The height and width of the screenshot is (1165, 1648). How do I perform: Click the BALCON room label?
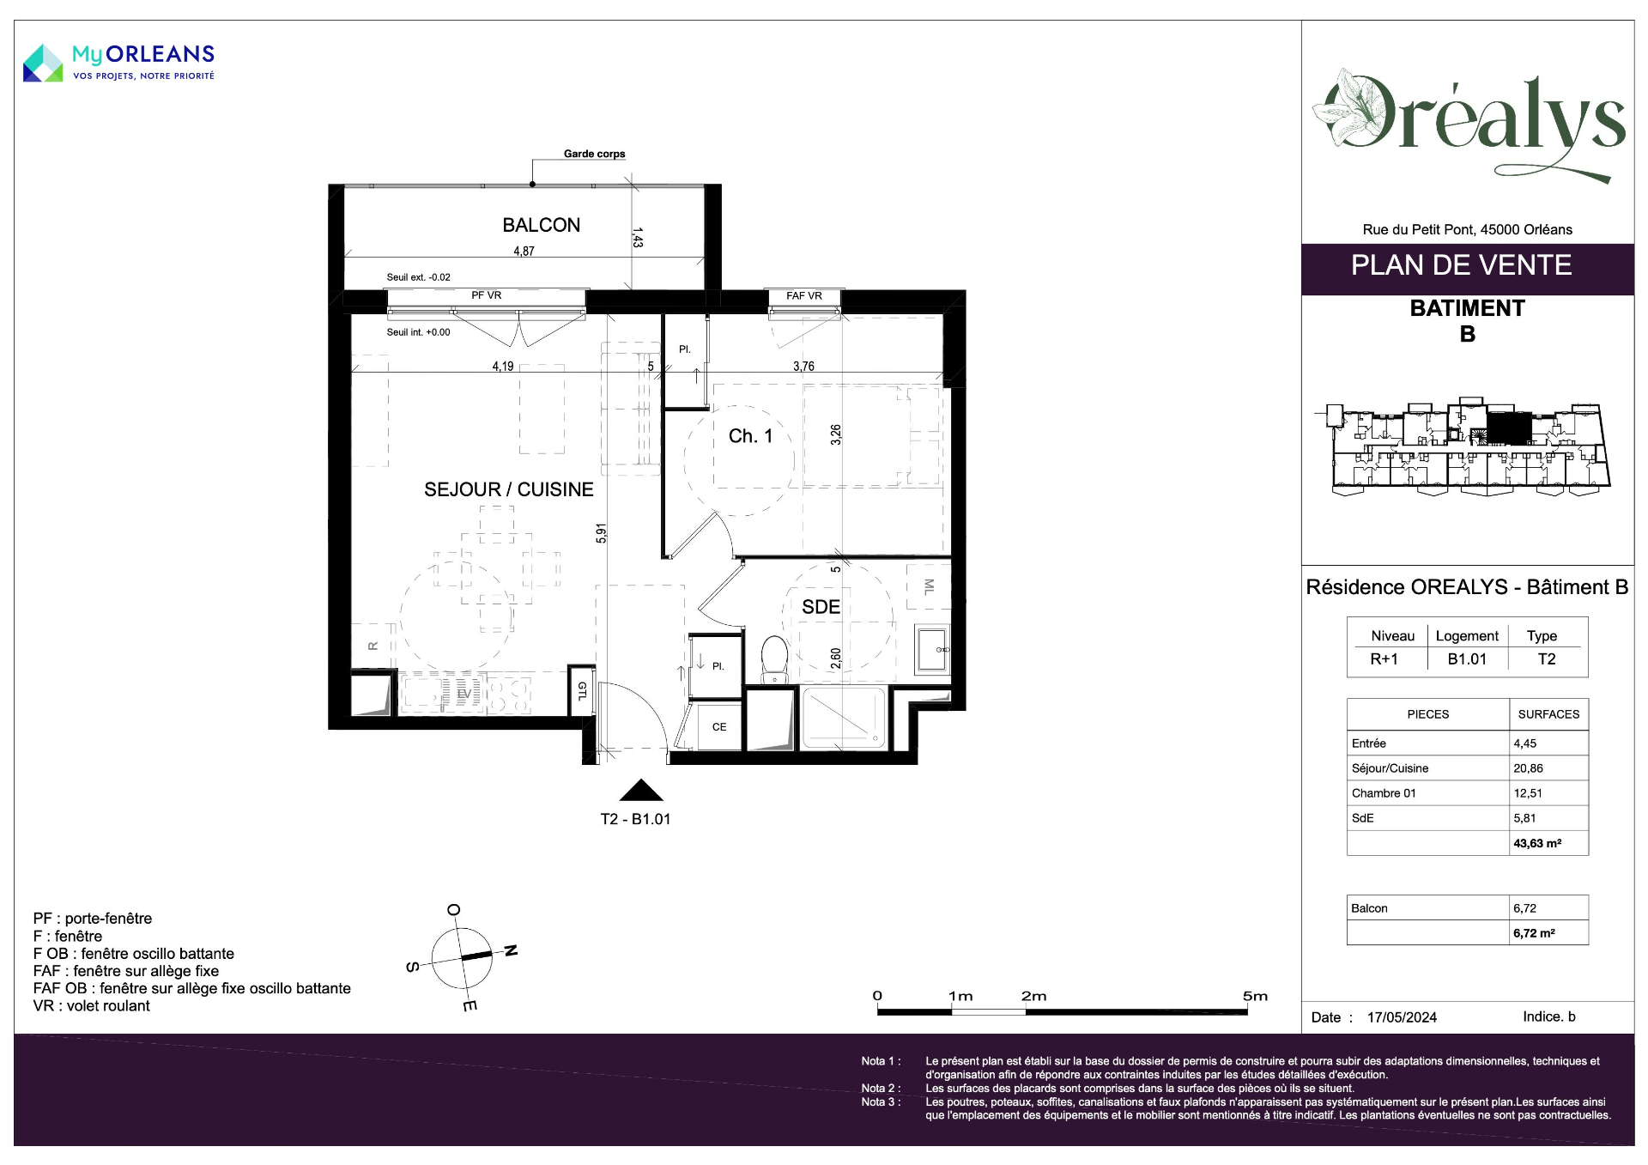pos(542,225)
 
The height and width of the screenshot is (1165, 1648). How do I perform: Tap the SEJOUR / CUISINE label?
pos(509,489)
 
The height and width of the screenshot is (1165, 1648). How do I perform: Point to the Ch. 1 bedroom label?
pos(750,436)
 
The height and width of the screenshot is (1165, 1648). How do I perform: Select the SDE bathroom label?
pos(821,607)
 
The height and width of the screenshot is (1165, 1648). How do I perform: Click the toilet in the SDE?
pos(774,659)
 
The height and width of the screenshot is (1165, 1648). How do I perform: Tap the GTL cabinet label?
pos(582,690)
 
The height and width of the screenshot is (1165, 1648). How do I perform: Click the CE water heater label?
pos(719,727)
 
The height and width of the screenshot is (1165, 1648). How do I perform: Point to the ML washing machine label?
pos(929,586)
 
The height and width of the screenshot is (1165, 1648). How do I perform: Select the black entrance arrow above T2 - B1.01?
pos(640,790)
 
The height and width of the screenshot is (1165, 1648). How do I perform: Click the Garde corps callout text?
pos(594,154)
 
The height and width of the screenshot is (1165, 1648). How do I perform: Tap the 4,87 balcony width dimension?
pos(524,252)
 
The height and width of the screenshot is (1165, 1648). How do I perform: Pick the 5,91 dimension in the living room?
pos(602,533)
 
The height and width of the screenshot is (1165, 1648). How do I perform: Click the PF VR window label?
pos(486,295)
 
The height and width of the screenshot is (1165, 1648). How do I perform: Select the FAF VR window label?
pos(804,296)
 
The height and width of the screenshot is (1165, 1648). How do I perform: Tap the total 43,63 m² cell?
pos(1537,843)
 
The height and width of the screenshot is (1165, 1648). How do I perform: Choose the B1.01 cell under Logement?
pos(1467,659)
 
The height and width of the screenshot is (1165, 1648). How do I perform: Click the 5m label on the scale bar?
pos(1255,996)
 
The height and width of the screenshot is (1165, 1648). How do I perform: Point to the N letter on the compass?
pos(511,950)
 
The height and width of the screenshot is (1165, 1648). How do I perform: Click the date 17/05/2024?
pos(1402,1017)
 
